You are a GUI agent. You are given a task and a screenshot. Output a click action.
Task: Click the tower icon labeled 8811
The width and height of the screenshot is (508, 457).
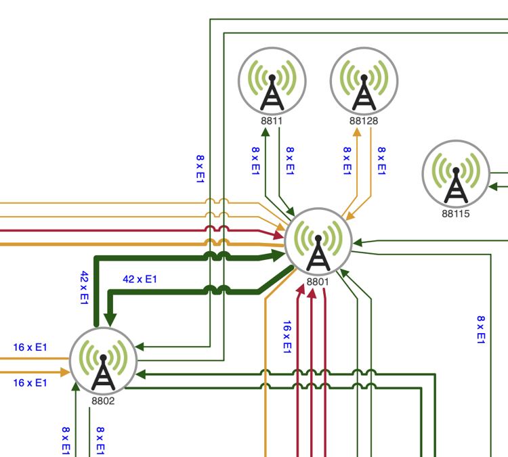click(272, 81)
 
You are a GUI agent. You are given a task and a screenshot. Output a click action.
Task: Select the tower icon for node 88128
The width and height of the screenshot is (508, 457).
click(364, 81)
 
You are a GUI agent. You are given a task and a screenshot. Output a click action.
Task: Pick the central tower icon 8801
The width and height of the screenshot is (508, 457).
click(318, 241)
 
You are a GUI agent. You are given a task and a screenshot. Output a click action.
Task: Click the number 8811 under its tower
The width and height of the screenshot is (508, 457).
click(272, 121)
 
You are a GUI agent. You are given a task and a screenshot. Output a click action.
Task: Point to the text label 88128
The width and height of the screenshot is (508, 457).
click(364, 121)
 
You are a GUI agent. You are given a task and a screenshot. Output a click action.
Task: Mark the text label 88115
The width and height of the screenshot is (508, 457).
click(455, 213)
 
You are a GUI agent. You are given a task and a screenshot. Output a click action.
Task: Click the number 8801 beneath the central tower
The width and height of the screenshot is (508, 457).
click(317, 282)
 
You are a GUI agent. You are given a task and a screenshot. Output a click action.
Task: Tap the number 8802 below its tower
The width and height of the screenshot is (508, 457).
click(103, 401)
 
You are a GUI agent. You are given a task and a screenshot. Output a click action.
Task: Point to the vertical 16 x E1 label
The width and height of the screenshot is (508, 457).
click(287, 336)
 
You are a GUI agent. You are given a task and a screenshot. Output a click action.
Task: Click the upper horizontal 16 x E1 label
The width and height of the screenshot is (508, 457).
click(30, 347)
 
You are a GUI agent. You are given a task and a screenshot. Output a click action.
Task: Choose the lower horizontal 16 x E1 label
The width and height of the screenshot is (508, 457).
click(30, 383)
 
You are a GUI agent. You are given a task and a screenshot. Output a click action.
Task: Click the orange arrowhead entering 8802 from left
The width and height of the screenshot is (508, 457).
click(63, 372)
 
